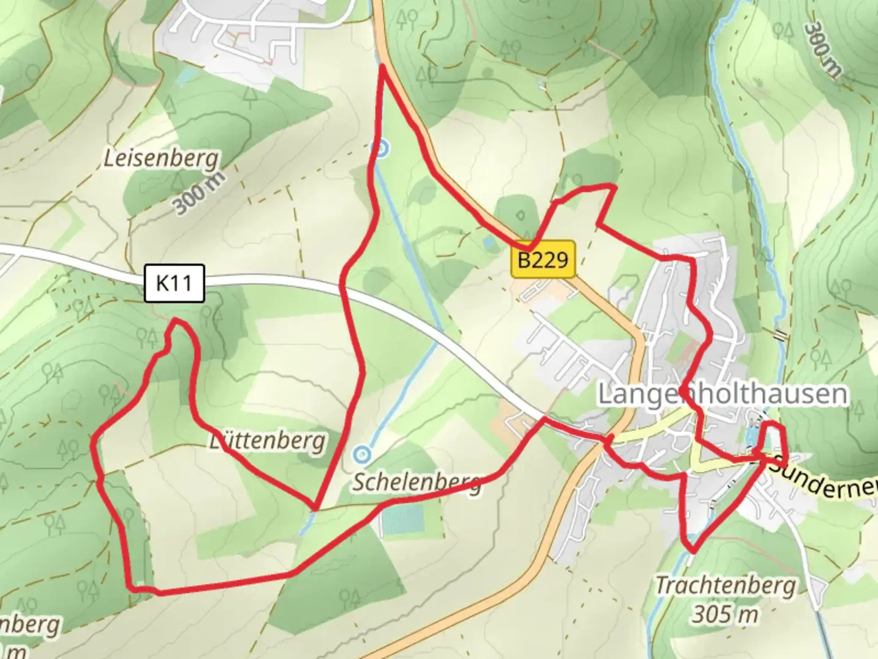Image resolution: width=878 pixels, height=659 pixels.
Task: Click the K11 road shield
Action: click(x=174, y=283)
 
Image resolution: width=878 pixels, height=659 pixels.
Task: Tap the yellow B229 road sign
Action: click(x=543, y=260)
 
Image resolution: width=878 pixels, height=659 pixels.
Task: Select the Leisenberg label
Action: click(x=161, y=159)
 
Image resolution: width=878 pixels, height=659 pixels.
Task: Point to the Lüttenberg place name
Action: click(x=268, y=441)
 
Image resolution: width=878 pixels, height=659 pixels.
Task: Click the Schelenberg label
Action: click(x=417, y=482)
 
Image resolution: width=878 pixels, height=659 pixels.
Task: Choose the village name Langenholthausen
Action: click(x=723, y=394)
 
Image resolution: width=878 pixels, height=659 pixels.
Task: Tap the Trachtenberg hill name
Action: click(x=725, y=586)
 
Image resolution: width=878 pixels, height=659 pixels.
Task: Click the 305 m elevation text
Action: click(x=725, y=613)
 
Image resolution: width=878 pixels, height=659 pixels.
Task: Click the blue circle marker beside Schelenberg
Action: click(x=362, y=454)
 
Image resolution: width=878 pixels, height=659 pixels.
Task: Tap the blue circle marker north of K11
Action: click(x=381, y=148)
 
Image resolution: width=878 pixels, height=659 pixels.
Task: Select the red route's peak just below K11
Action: click(x=176, y=320)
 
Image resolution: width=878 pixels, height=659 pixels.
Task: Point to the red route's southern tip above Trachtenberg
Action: click(x=693, y=551)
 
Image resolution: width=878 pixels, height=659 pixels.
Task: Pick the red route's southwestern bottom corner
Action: click(x=132, y=588)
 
